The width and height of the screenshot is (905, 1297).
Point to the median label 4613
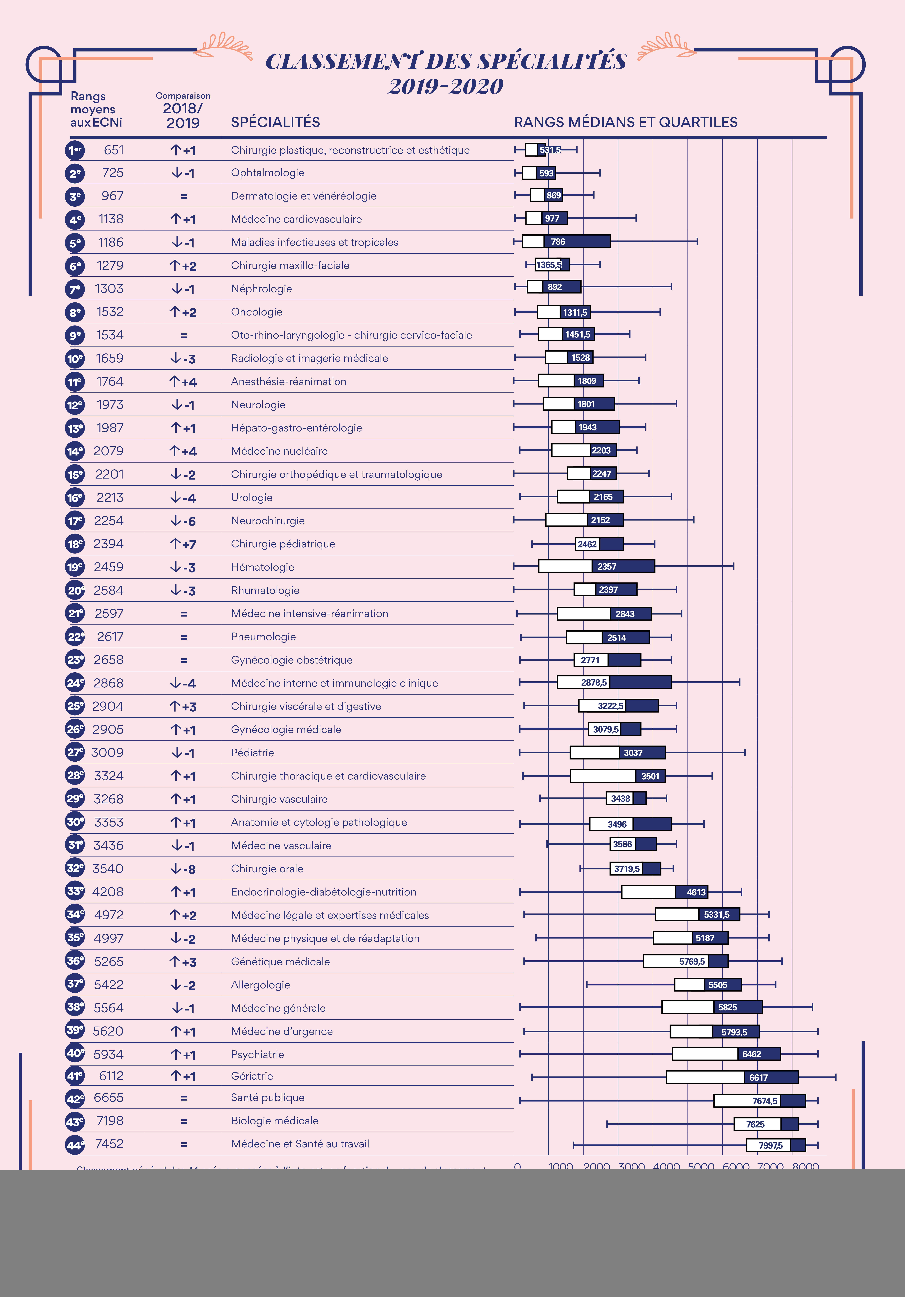click(x=696, y=892)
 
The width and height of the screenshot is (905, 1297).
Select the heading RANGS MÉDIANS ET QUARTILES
click(x=625, y=123)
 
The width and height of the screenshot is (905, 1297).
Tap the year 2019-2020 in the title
click(x=446, y=86)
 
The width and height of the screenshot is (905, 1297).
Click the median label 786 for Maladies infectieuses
click(x=558, y=242)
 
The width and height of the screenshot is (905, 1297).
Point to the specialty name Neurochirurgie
click(x=268, y=521)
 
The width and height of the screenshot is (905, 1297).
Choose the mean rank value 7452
click(x=109, y=1144)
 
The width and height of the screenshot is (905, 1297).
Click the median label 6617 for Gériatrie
click(x=758, y=1078)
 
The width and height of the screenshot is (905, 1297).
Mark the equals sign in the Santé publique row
click(x=184, y=1098)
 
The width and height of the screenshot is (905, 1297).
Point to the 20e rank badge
click(x=75, y=590)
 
